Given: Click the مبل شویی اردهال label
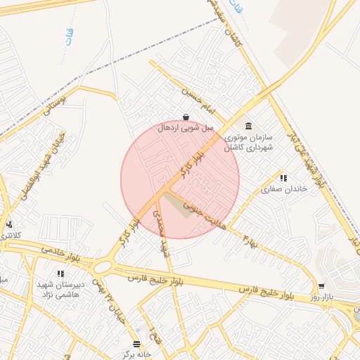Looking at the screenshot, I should pos(185,128).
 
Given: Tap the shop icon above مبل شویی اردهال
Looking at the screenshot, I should pos(185,117).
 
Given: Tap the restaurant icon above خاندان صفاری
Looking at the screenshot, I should pos(283,178).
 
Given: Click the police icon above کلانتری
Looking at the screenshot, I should pos(8,224).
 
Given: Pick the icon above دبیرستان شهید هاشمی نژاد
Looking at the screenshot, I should pos(60,273).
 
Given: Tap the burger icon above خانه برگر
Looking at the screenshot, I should pos(137,343).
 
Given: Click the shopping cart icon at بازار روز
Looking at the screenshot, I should pos(321,286).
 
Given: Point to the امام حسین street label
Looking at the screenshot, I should pos(199,99).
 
